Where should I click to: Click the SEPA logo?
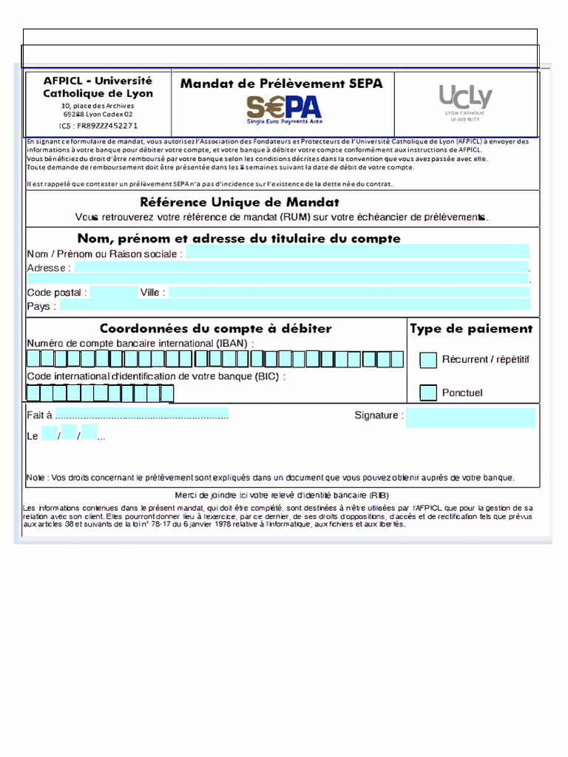tap(284, 109)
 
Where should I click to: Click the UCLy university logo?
tap(464, 102)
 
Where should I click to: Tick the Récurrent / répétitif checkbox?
tap(428, 360)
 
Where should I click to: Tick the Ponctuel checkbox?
tap(428, 393)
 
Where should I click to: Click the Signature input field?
tap(470, 418)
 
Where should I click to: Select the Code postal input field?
tap(112, 292)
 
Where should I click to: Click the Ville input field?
tap(349, 292)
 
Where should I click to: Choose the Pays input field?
tap(294, 306)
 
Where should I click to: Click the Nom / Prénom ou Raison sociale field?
tap(357, 254)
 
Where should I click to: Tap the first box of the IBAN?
tap(33, 359)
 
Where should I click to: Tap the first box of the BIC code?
tap(33, 393)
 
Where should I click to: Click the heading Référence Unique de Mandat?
tap(240, 202)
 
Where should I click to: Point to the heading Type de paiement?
tap(471, 329)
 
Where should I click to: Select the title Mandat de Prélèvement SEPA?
tap(281, 84)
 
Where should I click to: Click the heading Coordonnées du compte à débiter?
tap(215, 328)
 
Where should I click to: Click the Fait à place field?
tap(142, 414)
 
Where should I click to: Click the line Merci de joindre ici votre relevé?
tap(281, 495)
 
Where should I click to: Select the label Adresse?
tap(46, 268)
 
